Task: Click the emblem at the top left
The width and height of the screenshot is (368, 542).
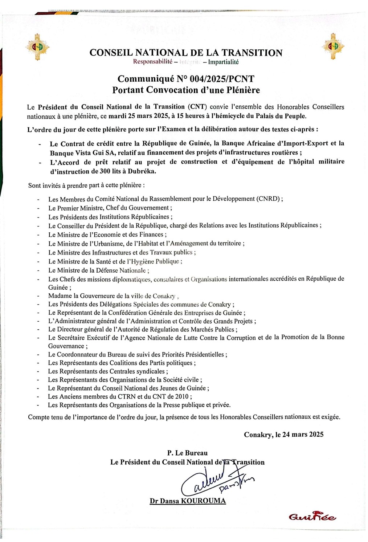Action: coord(37,46)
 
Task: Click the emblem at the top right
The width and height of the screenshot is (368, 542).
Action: coord(333,46)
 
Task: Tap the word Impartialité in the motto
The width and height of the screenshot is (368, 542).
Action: coord(223,62)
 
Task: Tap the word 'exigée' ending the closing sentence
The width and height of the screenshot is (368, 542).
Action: coord(331,417)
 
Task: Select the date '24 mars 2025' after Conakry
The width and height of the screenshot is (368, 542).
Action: coord(303,435)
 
